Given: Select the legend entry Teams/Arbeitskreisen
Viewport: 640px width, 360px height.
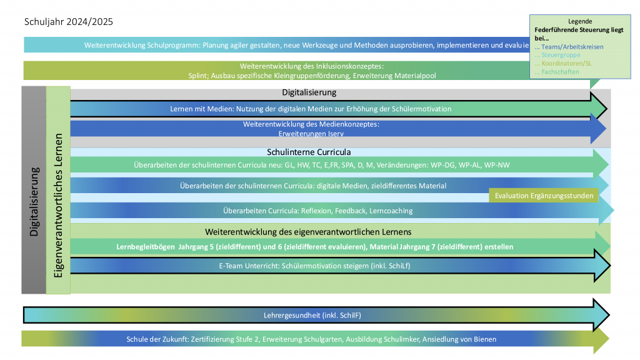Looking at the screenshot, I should [x=571, y=46].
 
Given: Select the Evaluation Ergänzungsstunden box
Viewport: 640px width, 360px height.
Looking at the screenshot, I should [x=543, y=196].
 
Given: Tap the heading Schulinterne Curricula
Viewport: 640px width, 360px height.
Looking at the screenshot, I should [x=309, y=152].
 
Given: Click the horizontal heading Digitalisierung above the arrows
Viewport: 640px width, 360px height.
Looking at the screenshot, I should [x=309, y=92].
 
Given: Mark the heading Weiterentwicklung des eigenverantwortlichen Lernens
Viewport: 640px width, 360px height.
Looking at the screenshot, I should [x=308, y=232].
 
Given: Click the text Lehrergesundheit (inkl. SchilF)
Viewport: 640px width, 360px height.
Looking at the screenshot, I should [x=309, y=315].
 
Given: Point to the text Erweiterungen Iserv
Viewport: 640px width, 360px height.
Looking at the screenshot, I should [x=311, y=133].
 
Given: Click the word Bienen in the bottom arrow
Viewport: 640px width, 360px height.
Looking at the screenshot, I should [x=484, y=339].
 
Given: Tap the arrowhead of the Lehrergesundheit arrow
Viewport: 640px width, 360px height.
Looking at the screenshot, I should [x=601, y=315].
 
